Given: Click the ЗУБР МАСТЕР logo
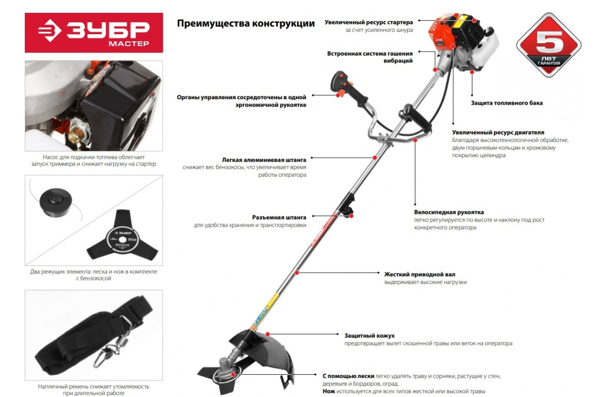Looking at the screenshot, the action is click(x=94, y=32).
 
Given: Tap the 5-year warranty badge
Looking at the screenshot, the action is click(x=549, y=45).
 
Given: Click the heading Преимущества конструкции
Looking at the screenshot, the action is click(x=245, y=23).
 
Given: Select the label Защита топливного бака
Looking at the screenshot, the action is click(x=507, y=103).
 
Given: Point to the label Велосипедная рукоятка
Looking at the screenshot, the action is click(x=449, y=212).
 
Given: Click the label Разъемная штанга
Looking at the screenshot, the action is click(x=279, y=217).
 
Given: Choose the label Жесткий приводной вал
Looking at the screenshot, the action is click(x=420, y=274).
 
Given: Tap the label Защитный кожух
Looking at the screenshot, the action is click(x=370, y=335).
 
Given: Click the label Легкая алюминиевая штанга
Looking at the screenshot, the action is click(x=264, y=160).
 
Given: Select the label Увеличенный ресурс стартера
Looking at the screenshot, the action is click(x=369, y=22).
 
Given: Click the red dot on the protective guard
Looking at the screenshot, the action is click(x=268, y=334).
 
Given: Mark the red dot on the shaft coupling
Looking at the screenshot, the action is click(x=351, y=216).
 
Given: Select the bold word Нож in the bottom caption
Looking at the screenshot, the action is click(x=329, y=391).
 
